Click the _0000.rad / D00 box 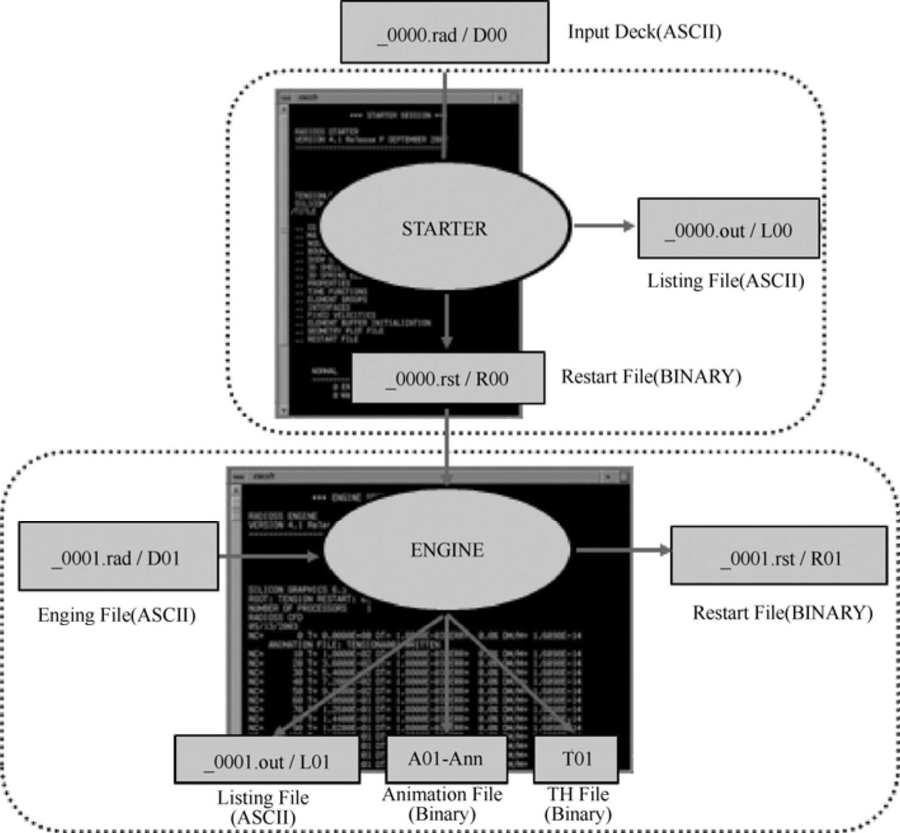click(x=444, y=32)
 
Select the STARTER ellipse click(x=444, y=228)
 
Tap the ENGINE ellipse click(x=447, y=550)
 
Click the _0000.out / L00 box click(x=728, y=229)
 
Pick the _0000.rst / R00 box click(x=448, y=378)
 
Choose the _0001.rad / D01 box click(x=118, y=557)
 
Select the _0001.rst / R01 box click(x=779, y=556)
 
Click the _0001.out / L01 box click(x=267, y=760)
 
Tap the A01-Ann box click(x=446, y=759)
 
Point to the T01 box click(x=575, y=759)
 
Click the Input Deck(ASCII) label click(x=644, y=32)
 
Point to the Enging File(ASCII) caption click(x=116, y=615)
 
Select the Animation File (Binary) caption click(x=442, y=804)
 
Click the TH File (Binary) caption click(x=577, y=804)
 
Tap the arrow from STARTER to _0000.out click(x=603, y=226)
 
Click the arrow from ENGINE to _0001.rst click(x=622, y=550)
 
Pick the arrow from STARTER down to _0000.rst click(x=447, y=321)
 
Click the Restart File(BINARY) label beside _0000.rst click(x=651, y=377)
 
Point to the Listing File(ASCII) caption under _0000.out click(x=725, y=281)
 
